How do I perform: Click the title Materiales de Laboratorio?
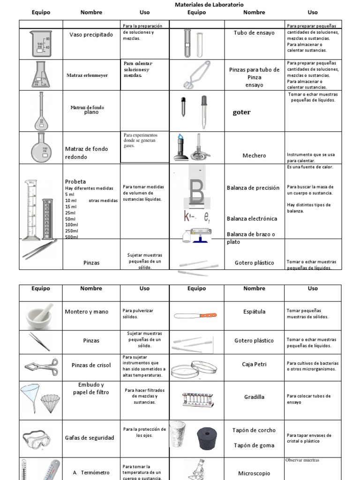pyautogui.click(x=209, y=4)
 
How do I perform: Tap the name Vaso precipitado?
pyautogui.click(x=91, y=34)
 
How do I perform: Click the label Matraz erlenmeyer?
pyautogui.click(x=87, y=75)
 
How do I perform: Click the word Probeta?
pyautogui.click(x=75, y=181)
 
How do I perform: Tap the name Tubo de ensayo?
pyautogui.click(x=254, y=33)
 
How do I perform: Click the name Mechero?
pyautogui.click(x=254, y=156)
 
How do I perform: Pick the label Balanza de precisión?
pyautogui.click(x=253, y=188)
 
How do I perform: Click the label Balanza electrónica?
pyautogui.click(x=252, y=218)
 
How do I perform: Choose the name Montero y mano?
pyautogui.click(x=87, y=312)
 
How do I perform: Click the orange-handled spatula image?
pyautogui.click(x=195, y=315)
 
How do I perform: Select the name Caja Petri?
pyautogui.click(x=254, y=364)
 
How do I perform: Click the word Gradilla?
pyautogui.click(x=254, y=397)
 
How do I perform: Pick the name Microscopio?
pyautogui.click(x=254, y=473)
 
